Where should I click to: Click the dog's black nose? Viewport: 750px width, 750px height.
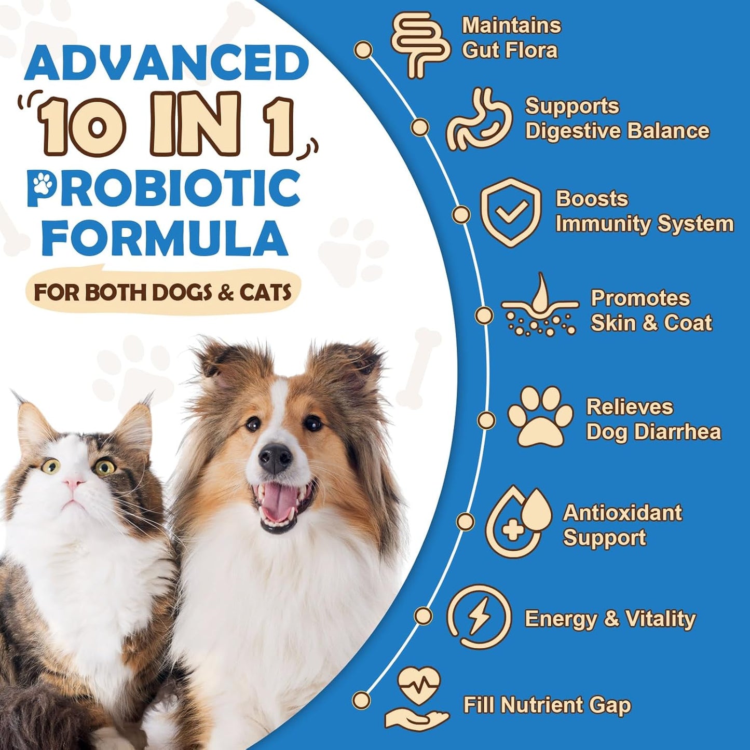[x=275, y=458]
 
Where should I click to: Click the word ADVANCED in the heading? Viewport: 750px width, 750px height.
[x=167, y=64]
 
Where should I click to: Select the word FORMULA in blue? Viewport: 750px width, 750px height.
[x=165, y=238]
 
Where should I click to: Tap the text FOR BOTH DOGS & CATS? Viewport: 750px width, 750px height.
[x=162, y=292]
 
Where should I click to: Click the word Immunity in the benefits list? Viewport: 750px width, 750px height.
[x=603, y=224]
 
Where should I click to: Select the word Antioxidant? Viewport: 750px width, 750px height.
[x=622, y=513]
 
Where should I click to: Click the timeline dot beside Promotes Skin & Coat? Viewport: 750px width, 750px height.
[x=484, y=315]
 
